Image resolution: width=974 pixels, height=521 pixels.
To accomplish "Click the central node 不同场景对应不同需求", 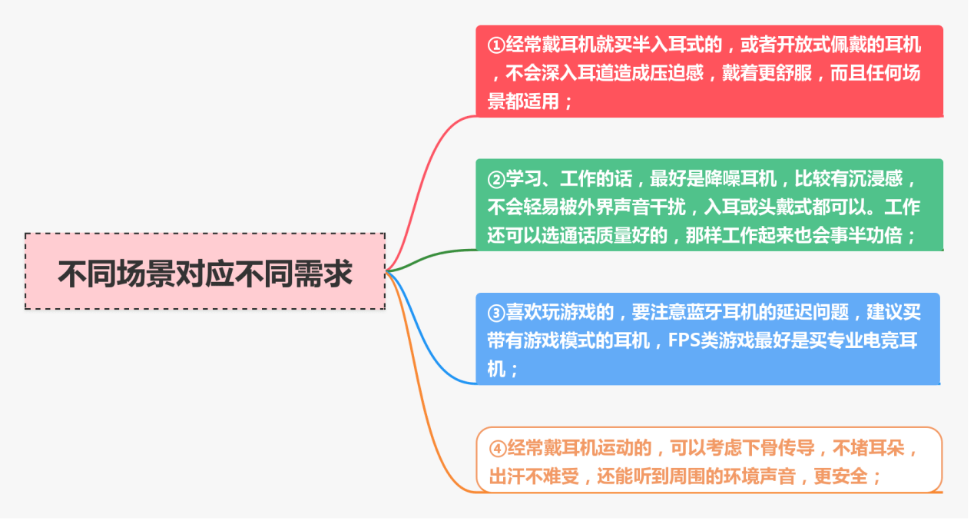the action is coord(205,272).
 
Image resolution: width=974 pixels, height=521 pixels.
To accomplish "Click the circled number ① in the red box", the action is coord(496,45).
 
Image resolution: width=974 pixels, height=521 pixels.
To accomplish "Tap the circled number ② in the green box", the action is coord(496,180).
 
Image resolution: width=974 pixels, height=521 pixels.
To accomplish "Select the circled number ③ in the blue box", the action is coord(496,313).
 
